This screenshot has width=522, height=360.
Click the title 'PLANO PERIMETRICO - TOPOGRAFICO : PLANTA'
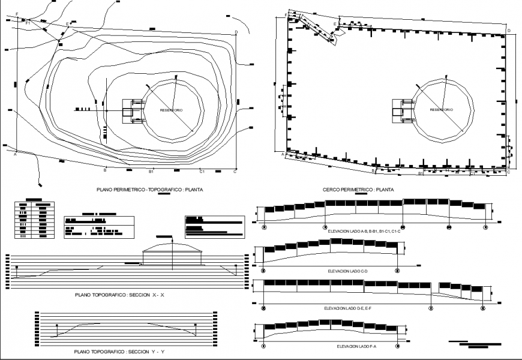(150, 189)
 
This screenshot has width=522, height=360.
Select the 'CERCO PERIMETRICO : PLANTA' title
(358, 189)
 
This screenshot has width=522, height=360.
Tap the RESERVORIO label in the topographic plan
(172, 110)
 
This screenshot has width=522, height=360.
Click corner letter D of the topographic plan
(236, 32)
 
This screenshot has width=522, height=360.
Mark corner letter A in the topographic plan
(14, 154)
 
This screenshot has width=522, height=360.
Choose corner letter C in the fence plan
(508, 173)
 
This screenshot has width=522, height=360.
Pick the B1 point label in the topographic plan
(152, 172)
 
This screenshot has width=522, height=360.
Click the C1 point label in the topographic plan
(202, 172)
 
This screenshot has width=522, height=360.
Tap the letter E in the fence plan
(335, 24)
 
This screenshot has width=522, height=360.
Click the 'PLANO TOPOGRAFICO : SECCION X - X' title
(119, 295)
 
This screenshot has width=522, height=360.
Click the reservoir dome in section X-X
(172, 248)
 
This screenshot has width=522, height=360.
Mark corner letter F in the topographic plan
(17, 13)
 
